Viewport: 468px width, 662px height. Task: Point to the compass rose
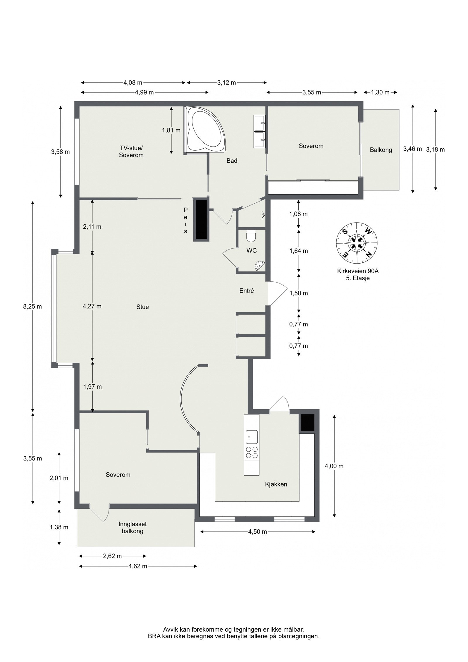[x=357, y=243]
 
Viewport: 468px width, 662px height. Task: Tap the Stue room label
[x=142, y=307]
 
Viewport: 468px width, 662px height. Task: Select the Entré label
[x=246, y=291]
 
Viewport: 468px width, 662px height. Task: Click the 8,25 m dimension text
[x=32, y=307]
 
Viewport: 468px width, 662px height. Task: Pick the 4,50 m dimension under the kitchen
[x=257, y=532]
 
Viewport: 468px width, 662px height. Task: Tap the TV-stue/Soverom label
[x=131, y=151]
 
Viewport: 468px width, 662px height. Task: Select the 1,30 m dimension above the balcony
[x=380, y=92]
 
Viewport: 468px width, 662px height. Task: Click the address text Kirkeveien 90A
[x=357, y=271]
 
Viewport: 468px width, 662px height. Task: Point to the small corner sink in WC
[x=259, y=266]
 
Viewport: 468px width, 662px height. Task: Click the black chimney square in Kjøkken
[x=307, y=422]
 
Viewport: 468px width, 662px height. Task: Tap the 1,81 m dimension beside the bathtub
[x=171, y=130]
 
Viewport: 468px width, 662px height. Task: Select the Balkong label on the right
[x=381, y=150]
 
